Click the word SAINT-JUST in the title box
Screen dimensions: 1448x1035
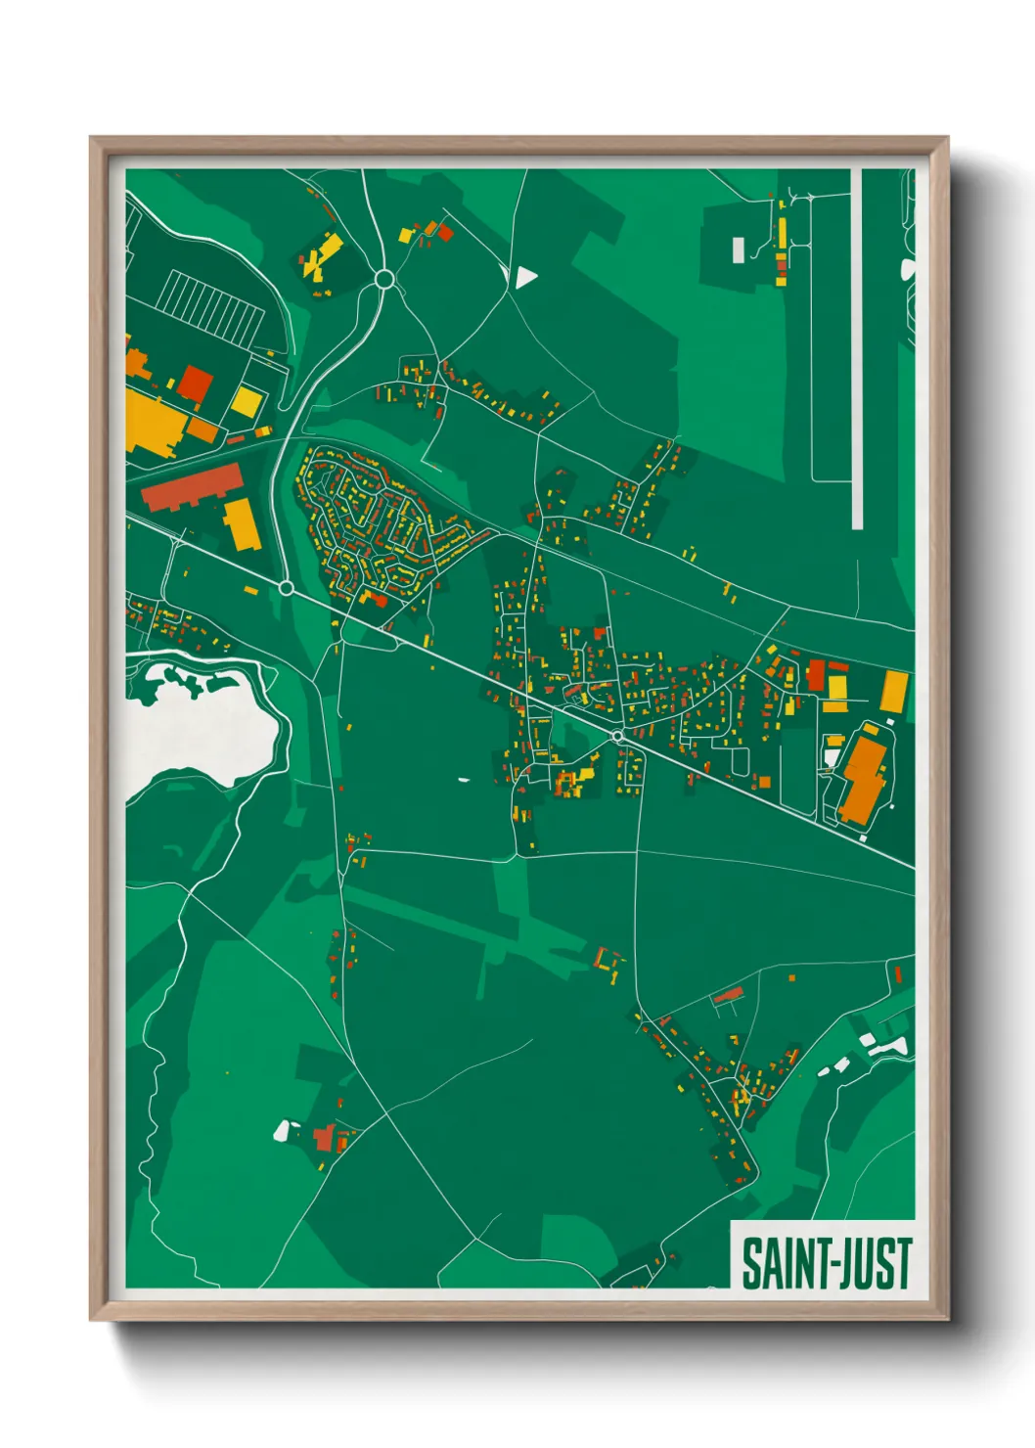(827, 1263)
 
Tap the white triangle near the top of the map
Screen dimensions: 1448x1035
(524, 278)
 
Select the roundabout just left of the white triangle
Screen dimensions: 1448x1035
(384, 280)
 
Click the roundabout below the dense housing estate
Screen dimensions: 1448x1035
(287, 588)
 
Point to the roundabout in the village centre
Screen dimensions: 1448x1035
(617, 736)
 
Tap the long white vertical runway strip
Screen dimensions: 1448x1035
(857, 347)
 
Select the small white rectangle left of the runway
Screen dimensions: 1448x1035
(738, 249)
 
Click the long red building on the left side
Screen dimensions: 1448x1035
(193, 486)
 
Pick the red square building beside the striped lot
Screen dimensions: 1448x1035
(195, 384)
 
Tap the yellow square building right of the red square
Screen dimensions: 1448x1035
(247, 401)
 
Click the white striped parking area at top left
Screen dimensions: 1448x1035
(210, 304)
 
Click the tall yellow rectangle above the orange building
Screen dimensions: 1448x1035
(894, 691)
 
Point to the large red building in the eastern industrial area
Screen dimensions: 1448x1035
(816, 675)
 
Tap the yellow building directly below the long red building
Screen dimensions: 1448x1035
(242, 523)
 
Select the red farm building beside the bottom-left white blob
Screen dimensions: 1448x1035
(325, 1138)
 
